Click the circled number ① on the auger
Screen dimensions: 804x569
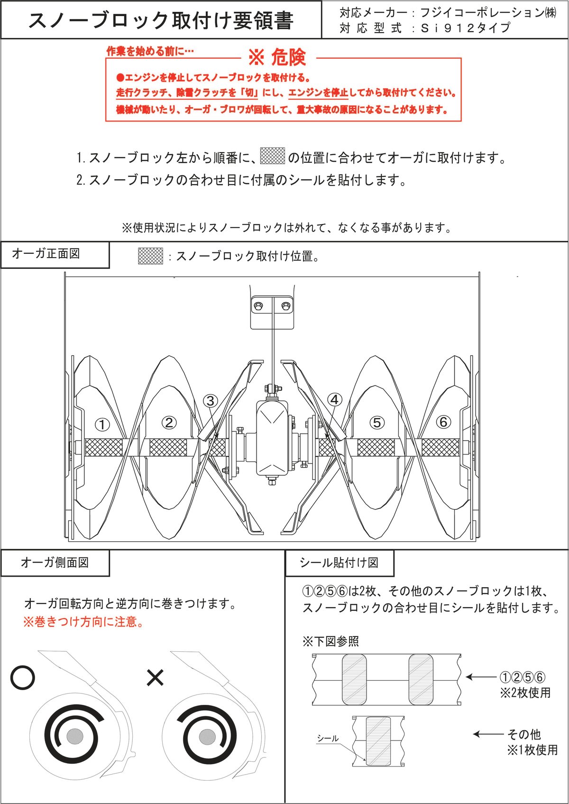[102, 424]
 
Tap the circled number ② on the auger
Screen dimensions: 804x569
[169, 422]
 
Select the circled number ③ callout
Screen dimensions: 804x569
[211, 401]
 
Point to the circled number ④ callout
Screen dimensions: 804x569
[335, 400]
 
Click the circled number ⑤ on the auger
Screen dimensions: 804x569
[376, 422]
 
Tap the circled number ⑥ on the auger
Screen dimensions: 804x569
[443, 421]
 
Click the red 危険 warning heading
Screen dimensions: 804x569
[277, 58]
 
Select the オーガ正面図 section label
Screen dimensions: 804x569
[46, 254]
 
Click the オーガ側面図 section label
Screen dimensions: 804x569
[55, 563]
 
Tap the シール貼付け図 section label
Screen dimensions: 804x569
[339, 563]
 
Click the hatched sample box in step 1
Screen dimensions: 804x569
[273, 156]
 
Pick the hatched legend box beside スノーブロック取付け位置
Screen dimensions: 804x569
[150, 256]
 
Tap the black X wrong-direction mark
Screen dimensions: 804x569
[155, 677]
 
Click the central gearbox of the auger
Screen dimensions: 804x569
[272, 439]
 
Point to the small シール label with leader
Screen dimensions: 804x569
[328, 739]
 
